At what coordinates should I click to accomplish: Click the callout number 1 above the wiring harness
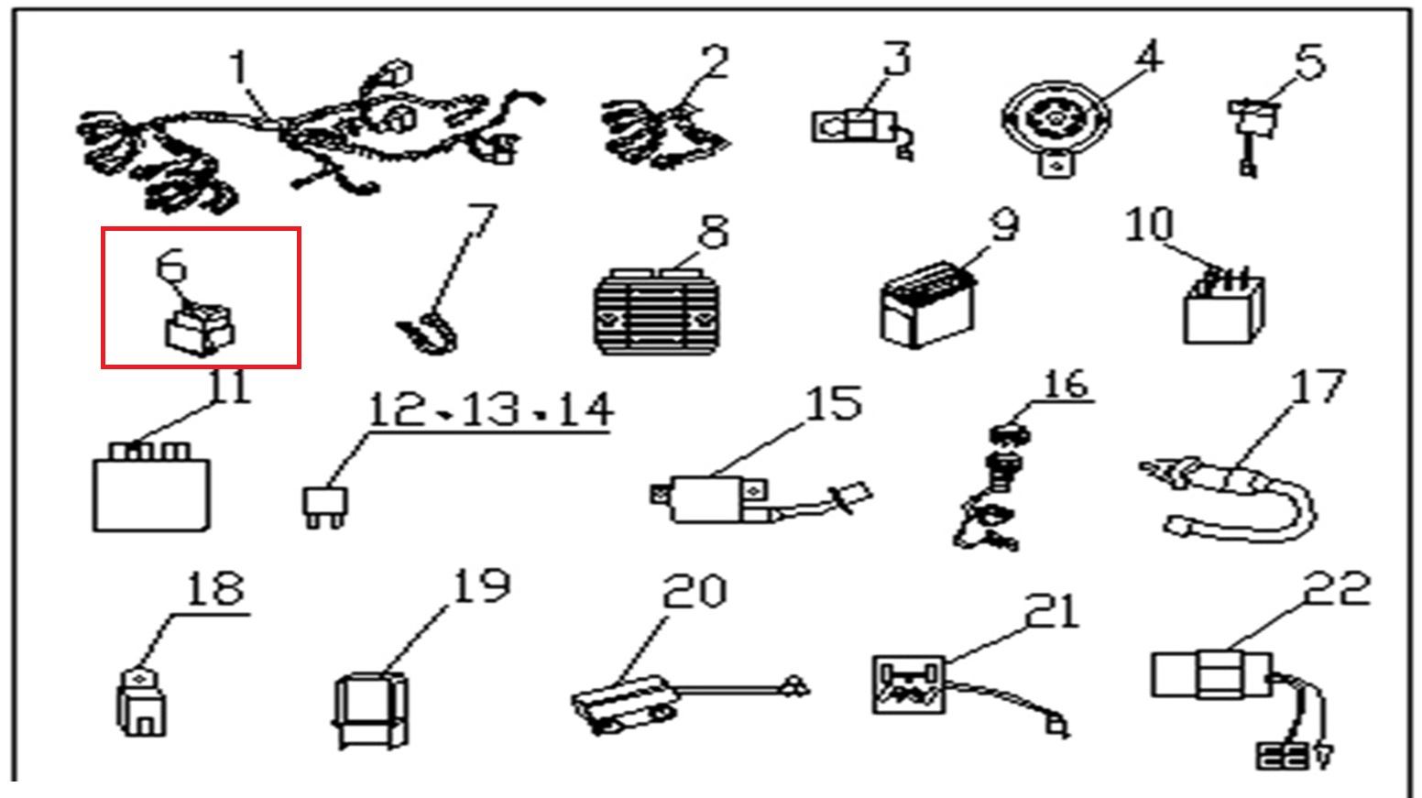pos(239,69)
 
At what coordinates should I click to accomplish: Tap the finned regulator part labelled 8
pos(653,312)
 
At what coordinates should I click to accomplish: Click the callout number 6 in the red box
pos(172,266)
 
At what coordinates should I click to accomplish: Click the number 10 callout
pos(1149,224)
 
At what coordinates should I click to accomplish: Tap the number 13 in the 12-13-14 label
pos(491,410)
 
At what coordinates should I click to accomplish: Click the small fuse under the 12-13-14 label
pos(324,506)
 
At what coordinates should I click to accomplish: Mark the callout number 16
pos(1065,385)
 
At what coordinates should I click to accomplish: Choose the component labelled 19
pos(370,710)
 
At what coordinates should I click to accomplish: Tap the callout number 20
pos(694,591)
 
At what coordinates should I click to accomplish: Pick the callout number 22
pos(1337,588)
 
